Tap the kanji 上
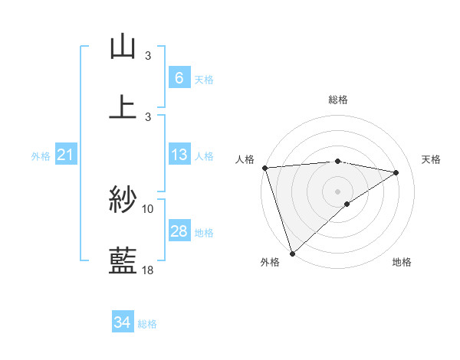[123, 106]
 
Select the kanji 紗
[123, 200]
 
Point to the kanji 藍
[123, 260]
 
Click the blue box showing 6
[179, 77]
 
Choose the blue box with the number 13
[179, 155]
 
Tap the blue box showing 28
[179, 231]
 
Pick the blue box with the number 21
[65, 155]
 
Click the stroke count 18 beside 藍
[148, 270]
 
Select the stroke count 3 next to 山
[148, 56]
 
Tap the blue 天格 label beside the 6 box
[204, 79]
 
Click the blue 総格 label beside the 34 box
[147, 324]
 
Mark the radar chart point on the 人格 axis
[264, 168]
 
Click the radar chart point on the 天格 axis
[396, 172]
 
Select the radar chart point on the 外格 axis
[292, 253]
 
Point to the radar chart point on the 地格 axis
[347, 204]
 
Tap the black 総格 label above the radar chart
[337, 100]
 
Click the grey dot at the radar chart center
[337, 190]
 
